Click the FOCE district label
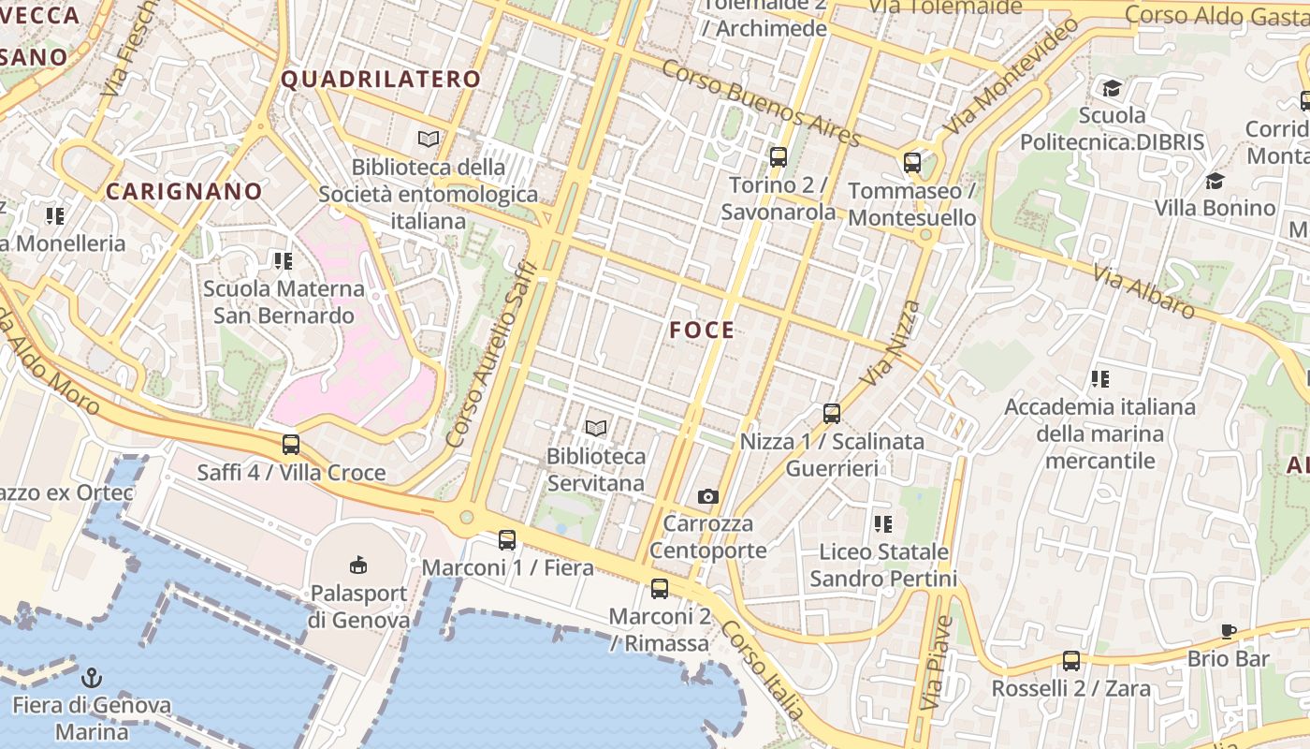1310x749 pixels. tap(702, 330)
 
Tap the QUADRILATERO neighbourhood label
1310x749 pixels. tap(381, 80)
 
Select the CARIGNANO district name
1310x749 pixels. tap(184, 192)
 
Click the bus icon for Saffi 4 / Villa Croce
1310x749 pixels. tap(291, 445)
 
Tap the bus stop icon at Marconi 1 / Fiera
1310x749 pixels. tap(507, 539)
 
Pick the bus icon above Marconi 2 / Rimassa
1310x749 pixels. tap(660, 588)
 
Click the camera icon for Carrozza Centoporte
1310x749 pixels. tap(708, 496)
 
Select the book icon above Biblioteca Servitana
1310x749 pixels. tap(596, 428)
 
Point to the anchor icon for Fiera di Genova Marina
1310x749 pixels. tap(92, 678)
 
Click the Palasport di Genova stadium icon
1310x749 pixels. tap(358, 565)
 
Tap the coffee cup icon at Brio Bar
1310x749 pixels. tap(1229, 631)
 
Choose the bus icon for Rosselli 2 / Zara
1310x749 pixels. tap(1071, 661)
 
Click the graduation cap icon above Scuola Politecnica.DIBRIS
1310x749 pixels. tap(1112, 88)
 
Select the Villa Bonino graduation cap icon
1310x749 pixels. tap(1215, 181)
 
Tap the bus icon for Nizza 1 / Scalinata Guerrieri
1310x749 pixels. tap(831, 413)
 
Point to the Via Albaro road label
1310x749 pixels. tap(1143, 290)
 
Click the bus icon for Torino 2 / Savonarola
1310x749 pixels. tap(778, 156)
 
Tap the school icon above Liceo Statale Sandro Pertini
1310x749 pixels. tap(883, 524)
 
